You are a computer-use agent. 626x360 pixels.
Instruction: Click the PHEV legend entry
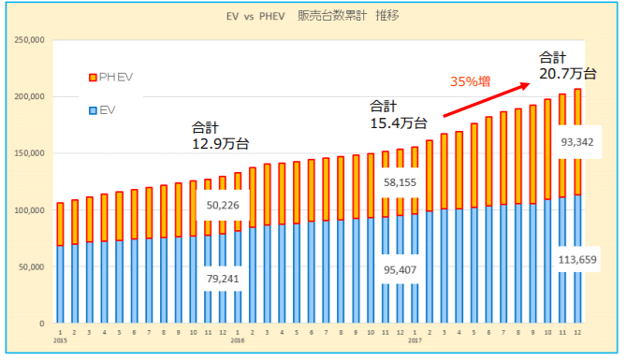click(109, 76)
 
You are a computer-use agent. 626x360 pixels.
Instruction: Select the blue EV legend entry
click(103, 111)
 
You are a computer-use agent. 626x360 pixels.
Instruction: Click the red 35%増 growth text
click(472, 82)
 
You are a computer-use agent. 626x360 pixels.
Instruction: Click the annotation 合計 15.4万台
click(399, 114)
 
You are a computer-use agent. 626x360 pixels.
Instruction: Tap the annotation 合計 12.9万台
click(220, 136)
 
